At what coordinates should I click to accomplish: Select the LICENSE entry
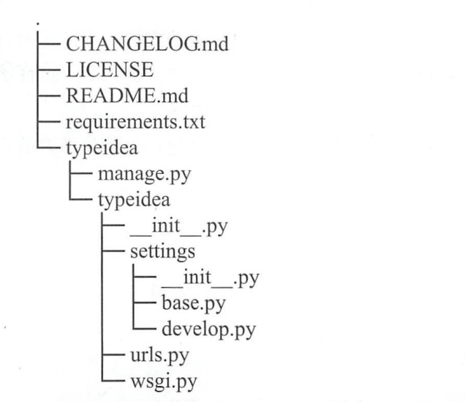pos(110,70)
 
